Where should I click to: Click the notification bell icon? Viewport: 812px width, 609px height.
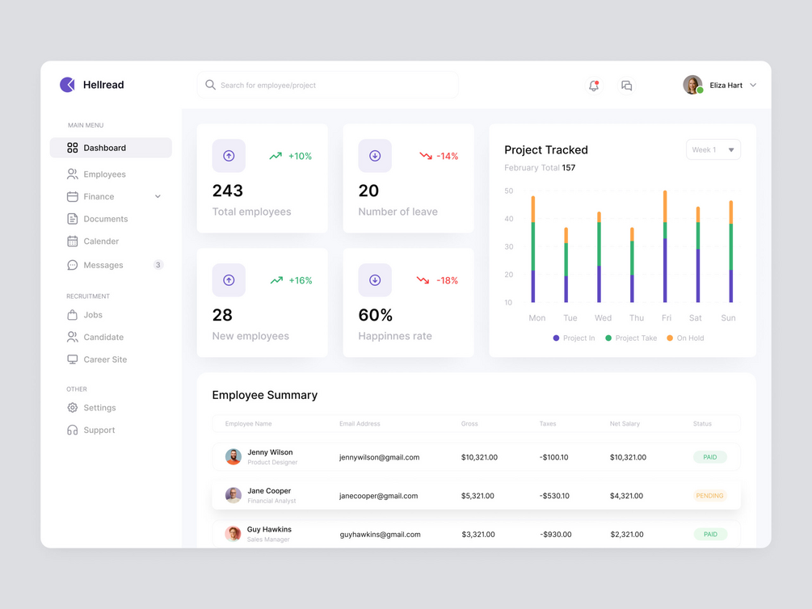click(x=594, y=86)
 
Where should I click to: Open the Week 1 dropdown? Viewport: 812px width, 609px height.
click(x=713, y=149)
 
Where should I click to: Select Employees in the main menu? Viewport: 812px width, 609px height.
click(x=104, y=174)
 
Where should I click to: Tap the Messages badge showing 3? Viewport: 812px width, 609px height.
click(x=158, y=265)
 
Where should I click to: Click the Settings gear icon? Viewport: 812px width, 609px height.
click(x=73, y=408)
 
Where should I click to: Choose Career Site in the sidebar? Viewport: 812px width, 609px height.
click(x=105, y=359)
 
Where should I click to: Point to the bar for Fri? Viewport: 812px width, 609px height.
click(x=665, y=246)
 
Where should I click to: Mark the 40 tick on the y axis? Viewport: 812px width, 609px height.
click(x=508, y=219)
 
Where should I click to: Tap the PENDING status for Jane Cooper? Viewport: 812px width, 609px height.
click(x=709, y=496)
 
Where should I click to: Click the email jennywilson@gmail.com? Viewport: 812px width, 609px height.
click(x=379, y=457)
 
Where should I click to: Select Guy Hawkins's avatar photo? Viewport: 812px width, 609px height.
click(x=233, y=534)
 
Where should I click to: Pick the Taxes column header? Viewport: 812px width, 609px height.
click(x=548, y=423)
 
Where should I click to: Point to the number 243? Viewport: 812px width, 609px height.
click(x=228, y=191)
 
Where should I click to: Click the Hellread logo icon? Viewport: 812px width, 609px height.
click(x=68, y=85)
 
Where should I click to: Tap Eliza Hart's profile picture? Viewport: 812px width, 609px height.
click(x=692, y=85)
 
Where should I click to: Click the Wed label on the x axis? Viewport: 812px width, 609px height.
click(x=603, y=318)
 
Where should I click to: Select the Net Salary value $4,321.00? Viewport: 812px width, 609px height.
click(x=626, y=496)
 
